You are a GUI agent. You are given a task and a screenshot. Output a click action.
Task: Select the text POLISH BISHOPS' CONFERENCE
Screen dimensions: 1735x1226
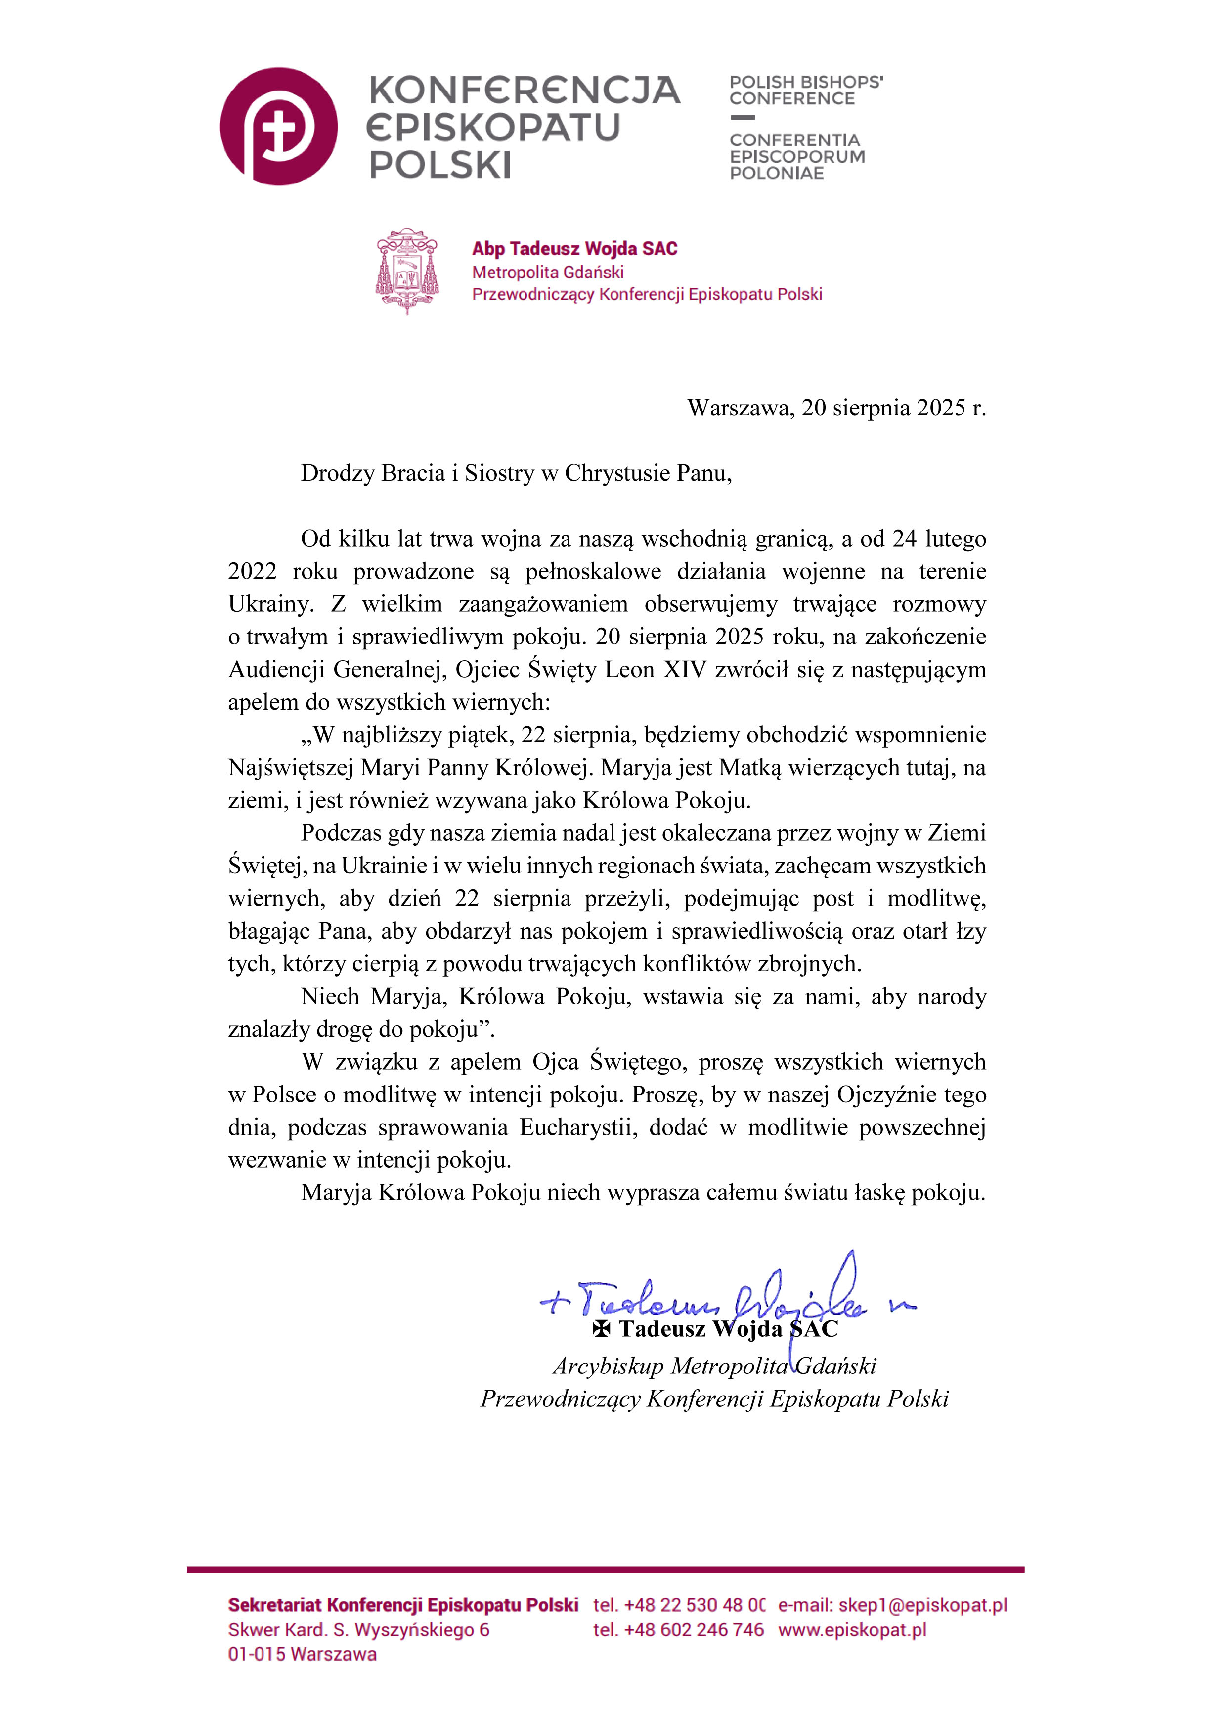[805, 90]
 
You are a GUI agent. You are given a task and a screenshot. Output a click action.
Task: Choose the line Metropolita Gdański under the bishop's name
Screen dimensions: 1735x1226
[548, 272]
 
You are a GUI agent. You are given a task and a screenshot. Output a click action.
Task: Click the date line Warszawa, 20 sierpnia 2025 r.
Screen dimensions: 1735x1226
[836, 408]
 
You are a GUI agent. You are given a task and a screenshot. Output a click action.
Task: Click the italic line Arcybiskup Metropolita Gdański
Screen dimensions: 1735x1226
[714, 1366]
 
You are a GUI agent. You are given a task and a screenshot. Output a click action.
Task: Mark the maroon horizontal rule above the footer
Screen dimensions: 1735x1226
[605, 1569]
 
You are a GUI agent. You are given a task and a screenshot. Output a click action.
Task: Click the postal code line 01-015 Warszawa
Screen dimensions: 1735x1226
[302, 1654]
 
